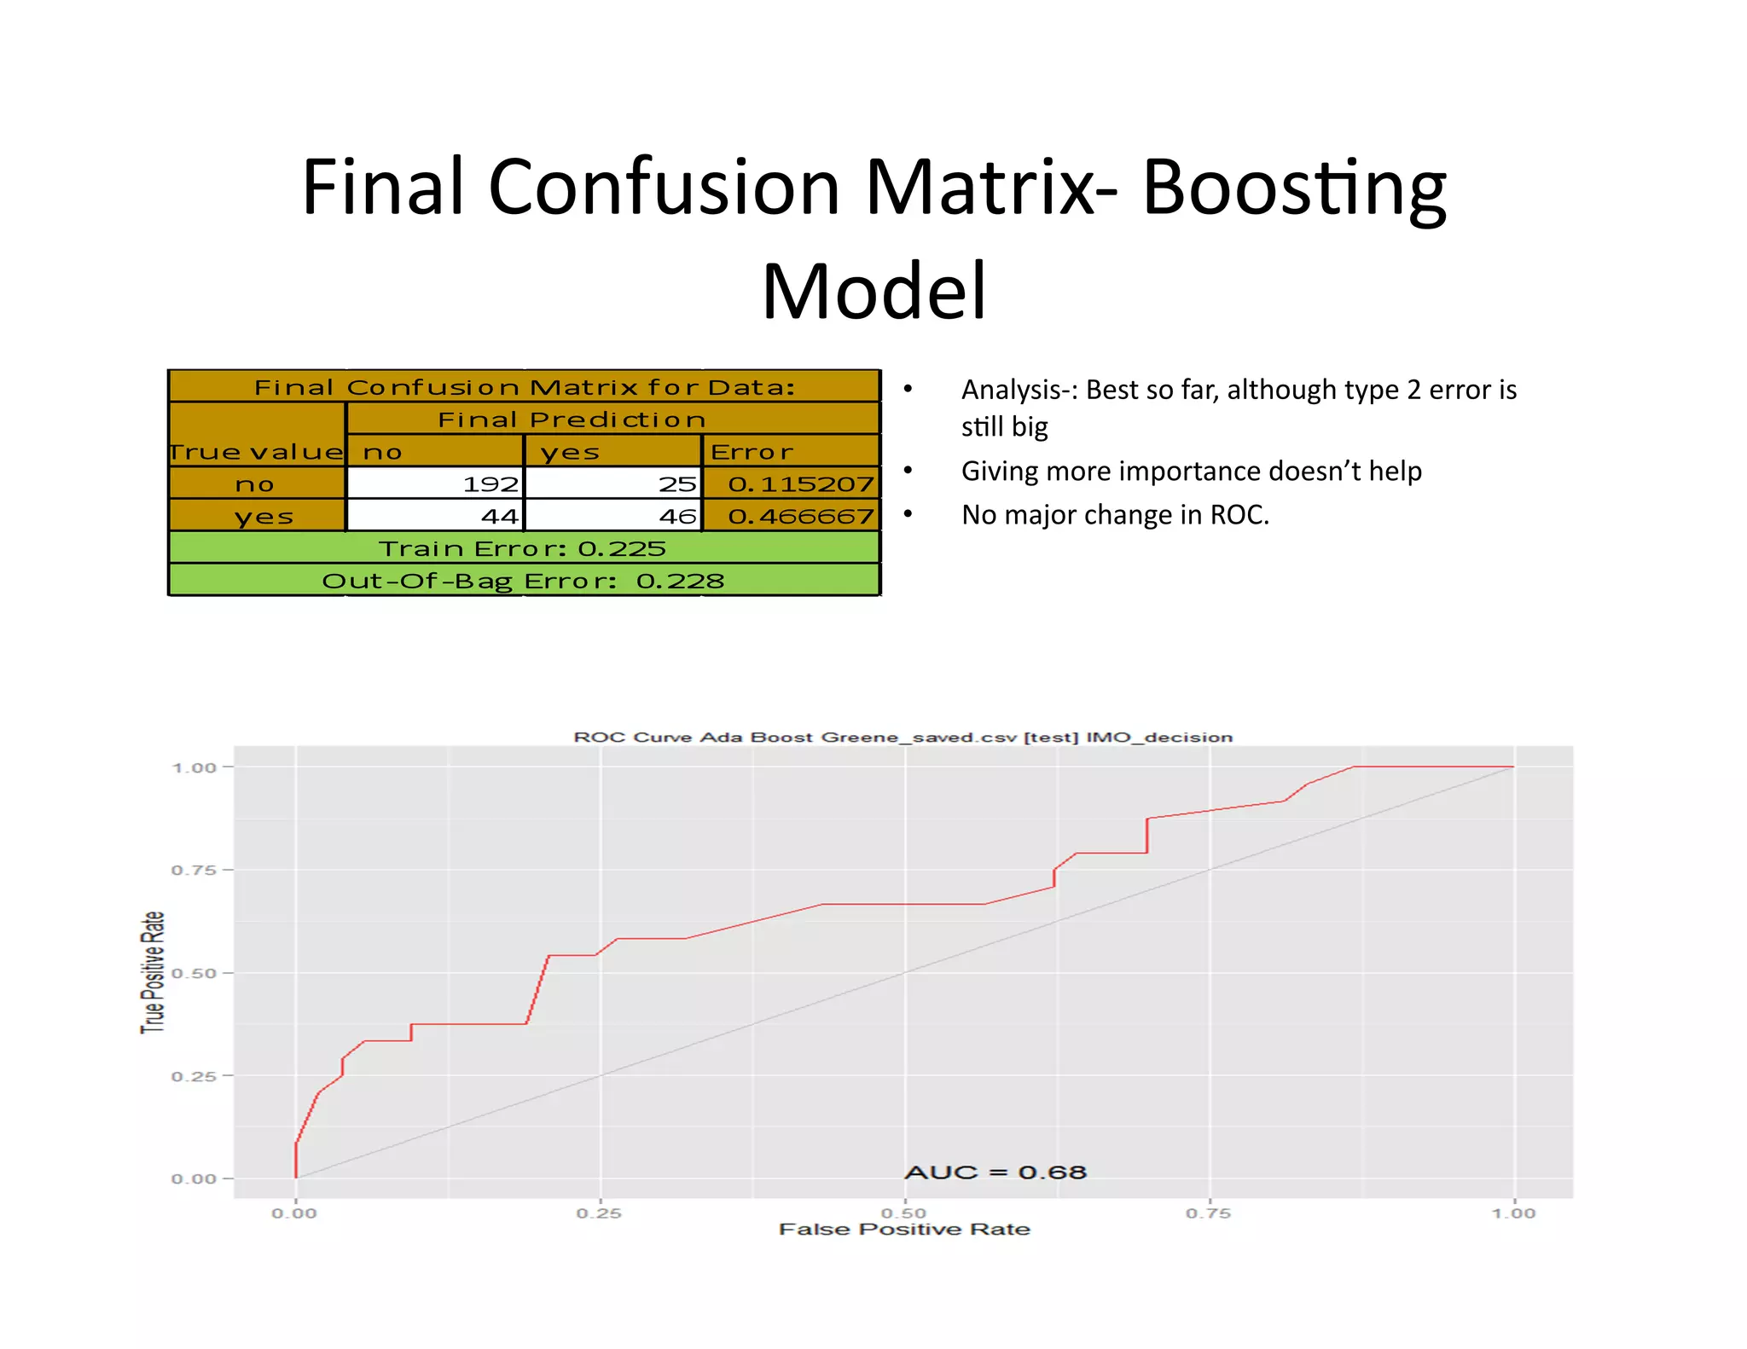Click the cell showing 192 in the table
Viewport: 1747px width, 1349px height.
(436, 483)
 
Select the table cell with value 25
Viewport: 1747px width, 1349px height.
(613, 483)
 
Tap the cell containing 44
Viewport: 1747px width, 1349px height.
(436, 516)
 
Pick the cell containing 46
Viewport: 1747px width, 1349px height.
(613, 516)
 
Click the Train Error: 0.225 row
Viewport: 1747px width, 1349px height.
(523, 548)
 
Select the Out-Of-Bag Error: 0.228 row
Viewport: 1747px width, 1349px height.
(523, 581)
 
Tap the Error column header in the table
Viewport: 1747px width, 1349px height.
(752, 452)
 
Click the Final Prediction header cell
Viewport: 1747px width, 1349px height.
(572, 420)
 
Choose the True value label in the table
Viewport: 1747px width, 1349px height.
(256, 452)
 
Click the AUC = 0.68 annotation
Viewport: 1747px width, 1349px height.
(995, 1172)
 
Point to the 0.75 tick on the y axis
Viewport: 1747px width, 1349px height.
(194, 870)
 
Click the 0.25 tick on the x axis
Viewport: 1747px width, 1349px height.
(599, 1213)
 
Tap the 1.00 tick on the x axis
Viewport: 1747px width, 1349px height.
(1513, 1213)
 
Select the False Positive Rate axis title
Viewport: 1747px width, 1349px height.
(904, 1230)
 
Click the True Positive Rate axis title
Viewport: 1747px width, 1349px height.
(153, 972)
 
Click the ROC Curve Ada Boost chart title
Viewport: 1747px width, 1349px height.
(903, 737)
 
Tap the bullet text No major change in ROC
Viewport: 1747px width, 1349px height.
(1115, 515)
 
